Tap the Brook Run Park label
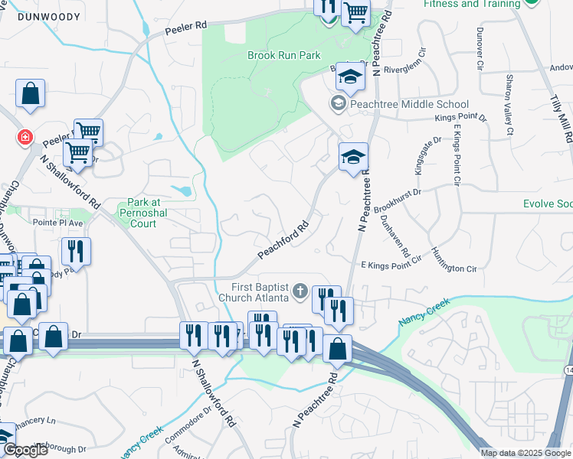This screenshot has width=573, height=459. pyautogui.click(x=283, y=55)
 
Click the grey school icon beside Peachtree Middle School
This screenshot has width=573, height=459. pyautogui.click(x=338, y=103)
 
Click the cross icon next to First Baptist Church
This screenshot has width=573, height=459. pyautogui.click(x=300, y=291)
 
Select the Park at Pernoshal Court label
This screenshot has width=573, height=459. pyautogui.click(x=138, y=213)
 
